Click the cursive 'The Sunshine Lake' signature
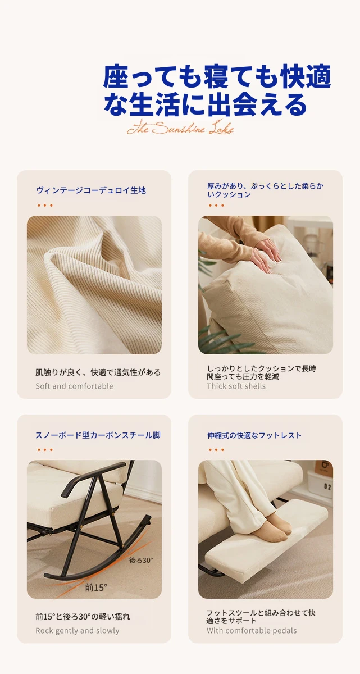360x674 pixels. (x=180, y=128)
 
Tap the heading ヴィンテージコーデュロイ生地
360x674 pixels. (x=91, y=190)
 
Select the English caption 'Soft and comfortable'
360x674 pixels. (x=74, y=386)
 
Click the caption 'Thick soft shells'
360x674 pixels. (x=236, y=386)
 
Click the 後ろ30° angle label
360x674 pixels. (x=141, y=561)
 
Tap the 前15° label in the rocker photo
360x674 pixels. (x=96, y=588)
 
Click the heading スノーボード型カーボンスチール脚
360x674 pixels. (x=98, y=435)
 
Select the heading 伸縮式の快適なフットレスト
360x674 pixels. (x=254, y=435)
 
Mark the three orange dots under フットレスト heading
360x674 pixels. (x=216, y=450)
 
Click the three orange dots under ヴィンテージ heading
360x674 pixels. (x=45, y=206)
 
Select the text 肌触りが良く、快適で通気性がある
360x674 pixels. (x=98, y=372)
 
